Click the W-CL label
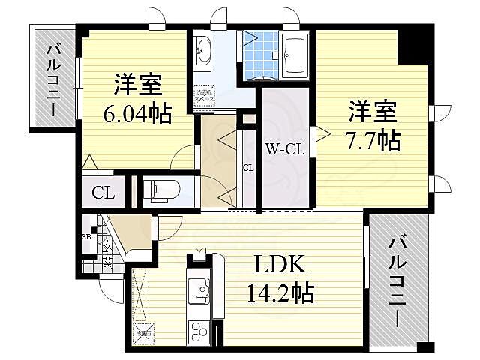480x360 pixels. click(x=285, y=148)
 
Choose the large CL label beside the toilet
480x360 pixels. click(x=103, y=193)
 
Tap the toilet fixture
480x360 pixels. click(x=160, y=190)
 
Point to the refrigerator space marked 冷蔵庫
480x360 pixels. click(x=143, y=330)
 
